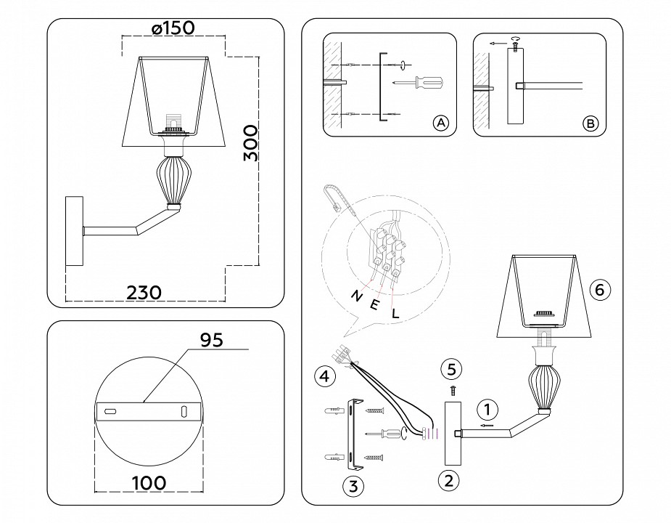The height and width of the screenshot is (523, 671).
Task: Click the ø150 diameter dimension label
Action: pos(173,28)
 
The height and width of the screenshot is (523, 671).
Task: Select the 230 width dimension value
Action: pos(144,291)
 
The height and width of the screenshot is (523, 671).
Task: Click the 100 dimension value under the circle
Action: pos(149,482)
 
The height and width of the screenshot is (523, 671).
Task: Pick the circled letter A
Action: pos(440,123)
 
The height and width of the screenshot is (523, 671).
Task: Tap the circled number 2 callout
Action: pos(449,479)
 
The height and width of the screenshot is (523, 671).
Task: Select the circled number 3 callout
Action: pos(353,486)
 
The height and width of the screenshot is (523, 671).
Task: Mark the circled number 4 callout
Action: pos(324,376)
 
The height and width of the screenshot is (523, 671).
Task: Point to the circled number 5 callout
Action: pos(451,370)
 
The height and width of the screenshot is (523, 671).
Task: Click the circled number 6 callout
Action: pos(599,289)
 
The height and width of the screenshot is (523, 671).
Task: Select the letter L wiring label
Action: pos(395,314)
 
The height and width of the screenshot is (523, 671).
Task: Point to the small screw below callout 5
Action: pos(451,390)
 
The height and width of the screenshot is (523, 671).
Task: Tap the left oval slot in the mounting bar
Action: pos(110,412)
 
